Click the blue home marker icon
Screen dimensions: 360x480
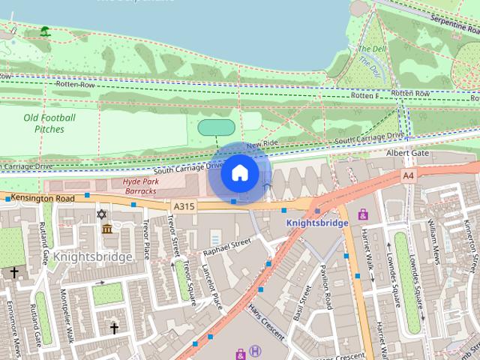click(239, 173)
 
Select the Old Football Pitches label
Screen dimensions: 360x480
click(49, 123)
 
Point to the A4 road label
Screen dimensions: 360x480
click(408, 175)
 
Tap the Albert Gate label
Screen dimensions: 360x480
click(407, 153)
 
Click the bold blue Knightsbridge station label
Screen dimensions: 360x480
click(317, 223)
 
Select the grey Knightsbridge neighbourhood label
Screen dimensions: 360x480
click(94, 256)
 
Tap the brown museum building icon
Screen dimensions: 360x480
click(106, 228)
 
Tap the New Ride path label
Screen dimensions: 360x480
click(262, 143)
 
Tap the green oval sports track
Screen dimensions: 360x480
click(217, 127)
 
